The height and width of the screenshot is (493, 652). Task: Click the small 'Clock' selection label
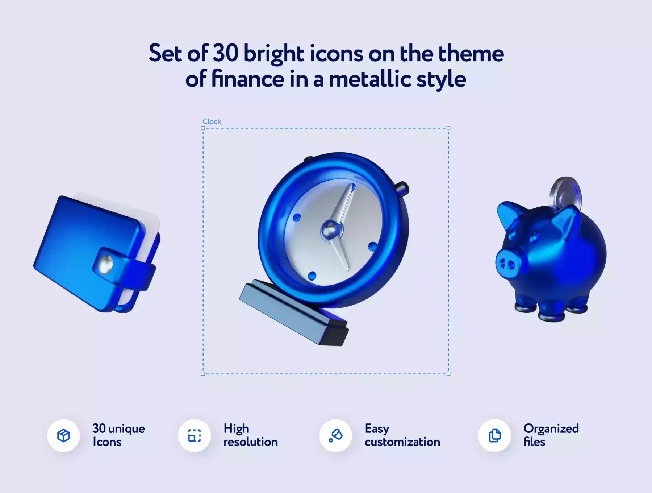tap(212, 121)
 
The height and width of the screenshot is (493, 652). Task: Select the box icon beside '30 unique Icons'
tap(63, 435)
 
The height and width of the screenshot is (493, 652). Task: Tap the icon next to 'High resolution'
tap(195, 435)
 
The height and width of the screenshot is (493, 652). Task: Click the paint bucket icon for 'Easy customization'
tap(336, 435)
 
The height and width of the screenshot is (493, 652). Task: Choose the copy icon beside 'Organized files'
tap(495, 435)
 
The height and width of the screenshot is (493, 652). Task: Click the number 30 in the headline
tap(225, 53)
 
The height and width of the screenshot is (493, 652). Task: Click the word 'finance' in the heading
tap(248, 79)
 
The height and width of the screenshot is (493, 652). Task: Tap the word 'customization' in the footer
tap(402, 442)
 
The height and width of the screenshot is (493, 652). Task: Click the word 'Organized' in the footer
tap(551, 429)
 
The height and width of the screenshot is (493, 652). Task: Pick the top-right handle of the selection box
tap(448, 128)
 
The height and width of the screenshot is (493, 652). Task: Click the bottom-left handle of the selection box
tap(203, 373)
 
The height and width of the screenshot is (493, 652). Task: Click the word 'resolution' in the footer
tap(251, 442)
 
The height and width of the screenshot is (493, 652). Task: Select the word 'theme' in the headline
tap(471, 53)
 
